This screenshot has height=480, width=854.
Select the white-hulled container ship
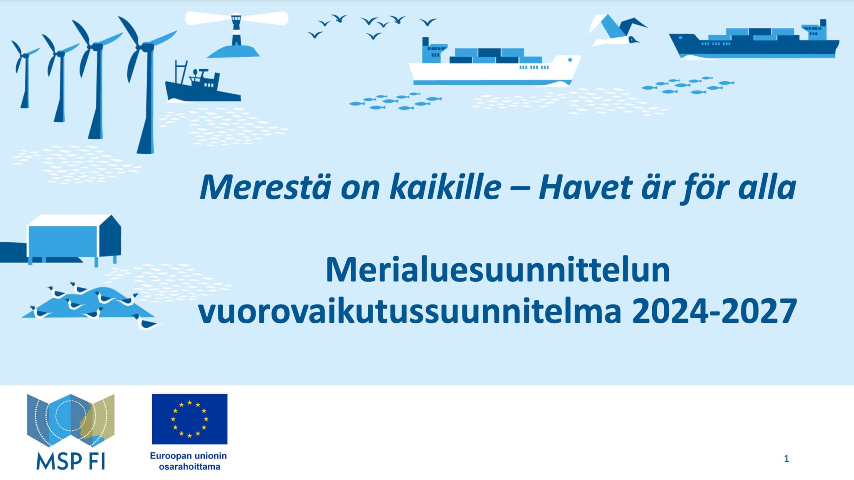pos(494,67)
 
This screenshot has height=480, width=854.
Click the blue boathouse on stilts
pos(74,238)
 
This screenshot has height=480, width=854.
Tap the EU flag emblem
pos(189,419)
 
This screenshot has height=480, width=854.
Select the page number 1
pos(786,459)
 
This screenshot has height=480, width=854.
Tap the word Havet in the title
pos(585,187)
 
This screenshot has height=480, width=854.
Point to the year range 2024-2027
pos(714,312)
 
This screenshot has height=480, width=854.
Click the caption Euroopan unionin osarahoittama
pos(189,461)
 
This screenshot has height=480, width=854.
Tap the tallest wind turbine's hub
pos(146,47)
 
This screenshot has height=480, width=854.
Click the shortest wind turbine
pos(25,77)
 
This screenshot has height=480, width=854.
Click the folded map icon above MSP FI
pos(70,420)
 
